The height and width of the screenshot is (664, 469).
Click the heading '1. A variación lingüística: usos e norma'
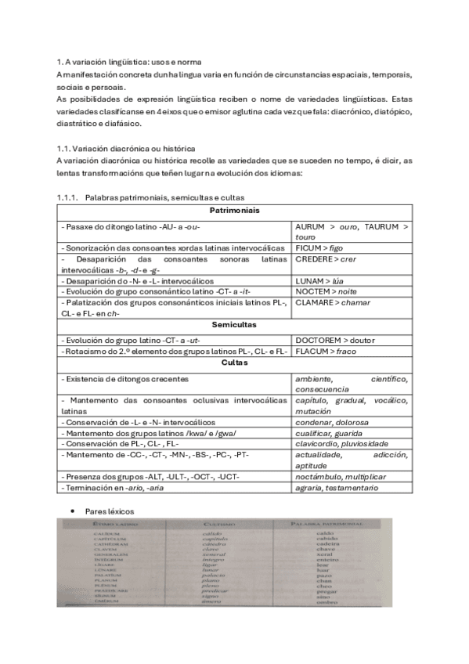point(129,62)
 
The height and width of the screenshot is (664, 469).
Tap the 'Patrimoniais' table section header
point(234,211)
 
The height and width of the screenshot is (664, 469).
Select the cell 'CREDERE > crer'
point(326,259)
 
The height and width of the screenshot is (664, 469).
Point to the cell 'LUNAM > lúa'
point(323,281)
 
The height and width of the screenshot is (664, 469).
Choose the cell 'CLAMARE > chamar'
point(333,302)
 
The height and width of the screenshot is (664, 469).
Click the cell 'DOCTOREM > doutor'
point(334,341)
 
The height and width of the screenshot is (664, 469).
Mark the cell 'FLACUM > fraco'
point(325,352)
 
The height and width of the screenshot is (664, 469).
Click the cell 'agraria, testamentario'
point(337,488)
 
